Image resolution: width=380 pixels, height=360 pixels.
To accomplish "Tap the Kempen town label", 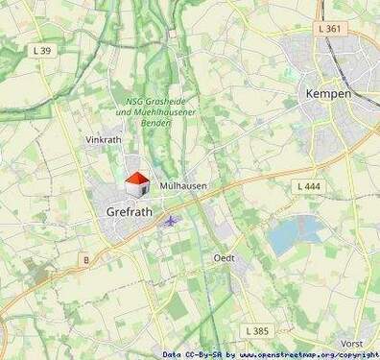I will point(327,93).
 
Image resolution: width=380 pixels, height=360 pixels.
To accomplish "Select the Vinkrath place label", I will point(104,140).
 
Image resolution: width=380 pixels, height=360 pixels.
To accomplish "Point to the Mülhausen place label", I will point(183,184).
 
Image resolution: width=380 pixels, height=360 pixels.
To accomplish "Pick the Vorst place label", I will point(352,343).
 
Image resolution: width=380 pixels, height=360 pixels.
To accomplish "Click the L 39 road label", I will point(42,50).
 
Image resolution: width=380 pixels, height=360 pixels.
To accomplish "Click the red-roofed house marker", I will point(137,182).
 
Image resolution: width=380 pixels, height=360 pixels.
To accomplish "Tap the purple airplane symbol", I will point(171,222).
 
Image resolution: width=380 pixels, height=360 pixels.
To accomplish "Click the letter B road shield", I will point(85,259).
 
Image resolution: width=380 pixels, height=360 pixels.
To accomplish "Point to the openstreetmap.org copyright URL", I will point(309,354).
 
